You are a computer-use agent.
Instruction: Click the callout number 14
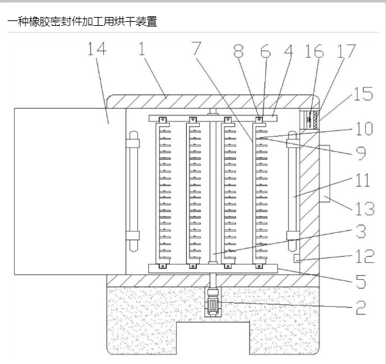coord(97,49)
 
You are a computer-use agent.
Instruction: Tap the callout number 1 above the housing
coord(142,48)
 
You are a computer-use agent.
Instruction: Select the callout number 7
coord(196,48)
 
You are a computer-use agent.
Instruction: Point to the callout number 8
coord(239,52)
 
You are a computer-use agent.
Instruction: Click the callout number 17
coord(347,51)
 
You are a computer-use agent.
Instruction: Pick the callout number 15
coord(364,94)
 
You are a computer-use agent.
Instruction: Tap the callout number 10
coord(364,128)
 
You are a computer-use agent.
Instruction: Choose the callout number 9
coord(361,153)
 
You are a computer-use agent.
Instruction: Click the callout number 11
coord(363,180)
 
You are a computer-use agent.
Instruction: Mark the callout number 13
coord(365,208)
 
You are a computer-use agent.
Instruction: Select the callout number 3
coord(361,231)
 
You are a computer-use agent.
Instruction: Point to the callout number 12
coord(365,256)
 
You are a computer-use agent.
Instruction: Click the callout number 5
coord(361,282)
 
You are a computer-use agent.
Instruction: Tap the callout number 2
coord(361,308)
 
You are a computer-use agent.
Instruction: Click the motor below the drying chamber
coord(213,302)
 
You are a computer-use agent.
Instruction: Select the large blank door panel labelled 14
coord(70,192)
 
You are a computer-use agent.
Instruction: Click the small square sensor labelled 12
coord(297,258)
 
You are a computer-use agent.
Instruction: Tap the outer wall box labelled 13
coord(324,174)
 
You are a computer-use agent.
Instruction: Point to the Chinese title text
coord(82,22)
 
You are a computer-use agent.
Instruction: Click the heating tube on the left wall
coord(133,191)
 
